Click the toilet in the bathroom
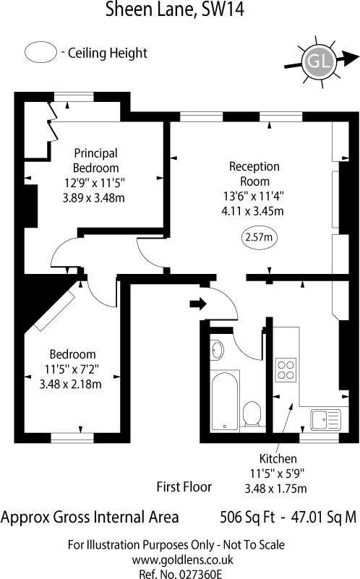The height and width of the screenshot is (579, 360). [x=252, y=414]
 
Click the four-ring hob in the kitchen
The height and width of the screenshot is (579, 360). [x=285, y=369]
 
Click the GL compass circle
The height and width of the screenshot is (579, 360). [x=319, y=61]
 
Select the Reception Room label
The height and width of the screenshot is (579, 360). [x=254, y=173]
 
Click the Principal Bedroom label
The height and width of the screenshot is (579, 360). [x=95, y=160]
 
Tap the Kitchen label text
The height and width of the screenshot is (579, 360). [x=278, y=458]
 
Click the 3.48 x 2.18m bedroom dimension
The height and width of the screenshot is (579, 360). [x=72, y=384]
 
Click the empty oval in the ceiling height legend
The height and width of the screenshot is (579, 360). [x=40, y=53]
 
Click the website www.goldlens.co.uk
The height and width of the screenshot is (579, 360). [x=176, y=559]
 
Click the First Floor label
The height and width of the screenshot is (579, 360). [x=184, y=486]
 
